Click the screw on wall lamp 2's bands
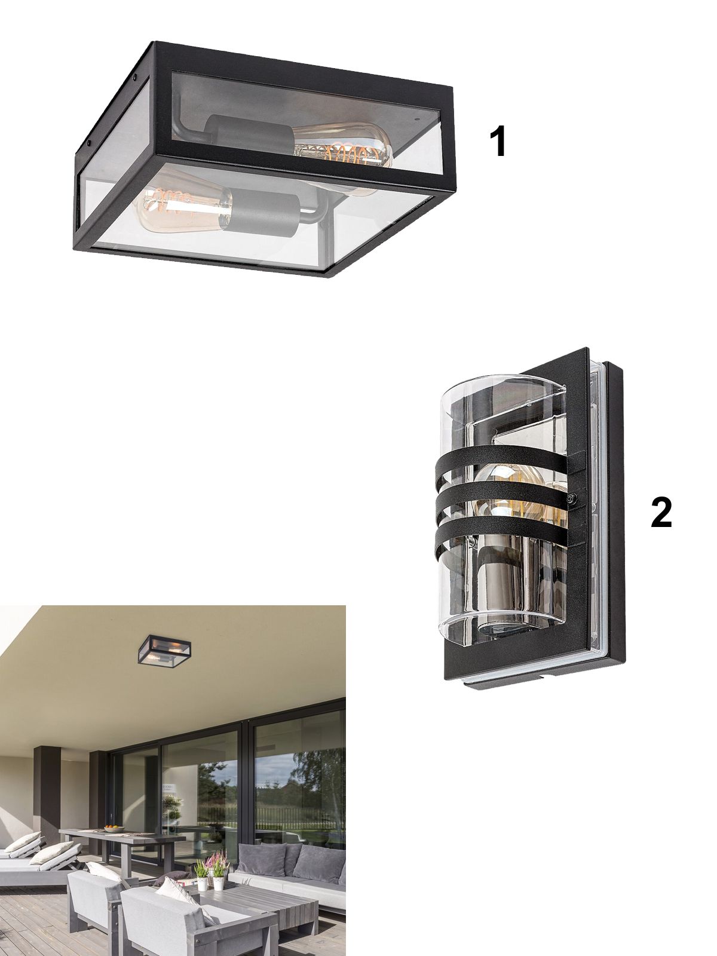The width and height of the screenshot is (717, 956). (572, 499)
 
